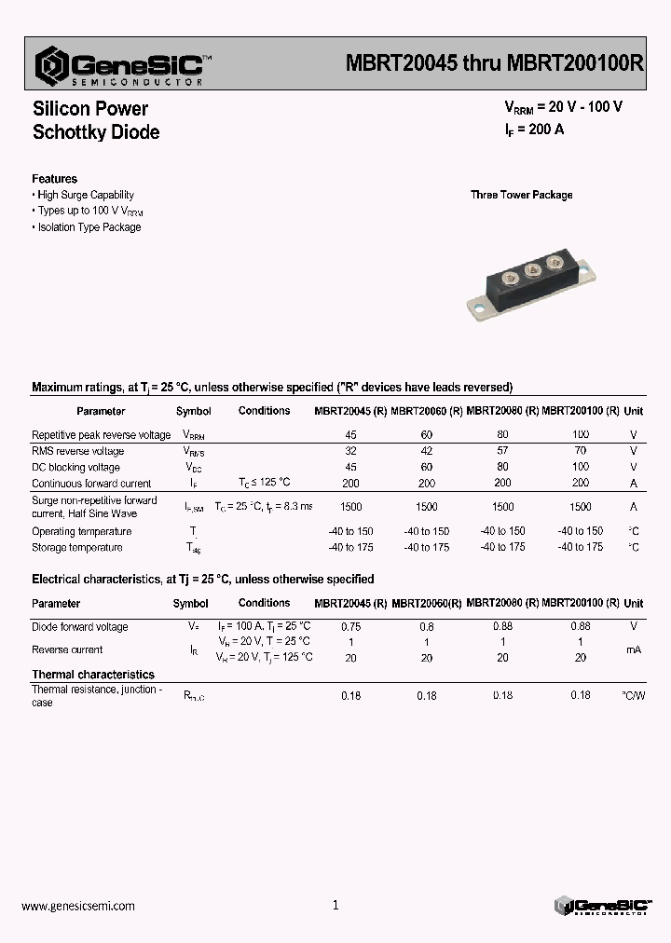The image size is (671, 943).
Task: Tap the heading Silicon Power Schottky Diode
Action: click(95, 120)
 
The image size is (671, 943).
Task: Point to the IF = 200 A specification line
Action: click(527, 130)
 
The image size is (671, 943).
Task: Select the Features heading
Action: click(54, 179)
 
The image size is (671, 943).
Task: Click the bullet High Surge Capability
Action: click(85, 195)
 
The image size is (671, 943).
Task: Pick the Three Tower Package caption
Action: click(521, 195)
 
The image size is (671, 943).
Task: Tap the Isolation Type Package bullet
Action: click(89, 227)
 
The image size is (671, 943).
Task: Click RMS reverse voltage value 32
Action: click(350, 451)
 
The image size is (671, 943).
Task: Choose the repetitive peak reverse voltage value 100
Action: click(580, 435)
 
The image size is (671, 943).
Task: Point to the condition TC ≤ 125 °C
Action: click(264, 483)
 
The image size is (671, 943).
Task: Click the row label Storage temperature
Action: click(76, 547)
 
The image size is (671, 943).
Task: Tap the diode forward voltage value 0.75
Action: click(350, 626)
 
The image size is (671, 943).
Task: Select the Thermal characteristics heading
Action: click(93, 674)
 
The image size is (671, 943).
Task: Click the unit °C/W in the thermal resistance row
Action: click(633, 695)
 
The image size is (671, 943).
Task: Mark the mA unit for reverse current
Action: click(633, 649)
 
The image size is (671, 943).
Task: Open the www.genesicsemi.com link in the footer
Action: click(77, 906)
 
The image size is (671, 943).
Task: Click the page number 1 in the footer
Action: click(335, 905)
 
